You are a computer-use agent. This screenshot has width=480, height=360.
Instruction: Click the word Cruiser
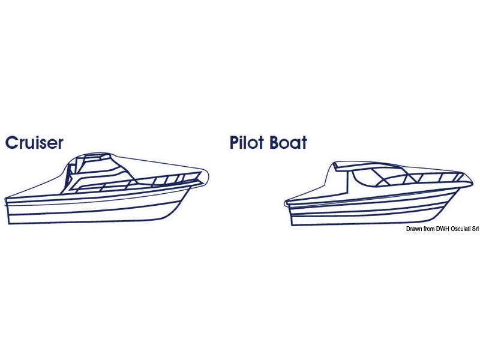(34, 143)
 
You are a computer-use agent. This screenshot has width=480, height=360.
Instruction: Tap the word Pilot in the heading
(247, 142)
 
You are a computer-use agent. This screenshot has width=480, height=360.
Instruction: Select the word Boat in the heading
(289, 143)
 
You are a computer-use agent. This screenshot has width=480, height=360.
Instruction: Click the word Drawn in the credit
(413, 229)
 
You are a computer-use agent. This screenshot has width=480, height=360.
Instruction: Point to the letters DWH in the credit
(442, 229)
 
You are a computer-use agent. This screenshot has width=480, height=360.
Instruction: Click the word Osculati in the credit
(460, 229)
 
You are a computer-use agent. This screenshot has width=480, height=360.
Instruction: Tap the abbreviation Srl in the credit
(475, 229)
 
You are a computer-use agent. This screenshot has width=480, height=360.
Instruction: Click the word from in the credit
(428, 229)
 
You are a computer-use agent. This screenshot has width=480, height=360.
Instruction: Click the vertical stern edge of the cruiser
(7, 211)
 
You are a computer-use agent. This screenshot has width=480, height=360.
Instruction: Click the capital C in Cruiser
(12, 143)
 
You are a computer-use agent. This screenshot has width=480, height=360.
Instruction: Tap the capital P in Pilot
(235, 143)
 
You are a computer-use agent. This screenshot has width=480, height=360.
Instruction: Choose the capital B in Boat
(275, 143)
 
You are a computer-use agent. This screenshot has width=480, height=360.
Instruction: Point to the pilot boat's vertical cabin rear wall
(348, 181)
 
